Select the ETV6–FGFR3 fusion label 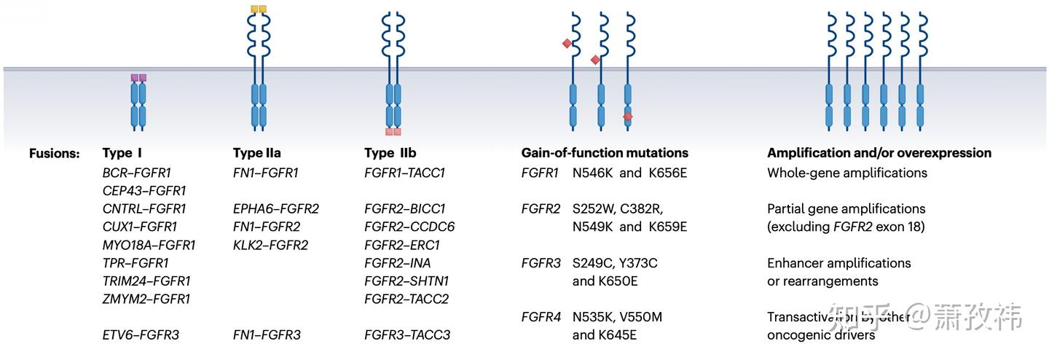pyautogui.click(x=141, y=335)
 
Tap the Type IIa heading pyautogui.click(x=256, y=153)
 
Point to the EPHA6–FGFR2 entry pyautogui.click(x=276, y=209)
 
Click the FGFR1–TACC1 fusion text pyautogui.click(x=404, y=173)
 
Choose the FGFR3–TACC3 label pyautogui.click(x=407, y=335)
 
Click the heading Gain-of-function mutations pyautogui.click(x=605, y=153)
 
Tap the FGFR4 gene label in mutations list pyautogui.click(x=541, y=317)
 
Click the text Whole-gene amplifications pyautogui.click(x=847, y=173)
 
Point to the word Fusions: pyautogui.click(x=54, y=154)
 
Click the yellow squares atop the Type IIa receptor pyautogui.click(x=259, y=9)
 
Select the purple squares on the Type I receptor pyautogui.click(x=138, y=77)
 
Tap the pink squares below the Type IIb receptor pyautogui.click(x=393, y=132)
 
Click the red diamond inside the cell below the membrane pyautogui.click(x=628, y=117)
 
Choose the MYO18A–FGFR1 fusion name pyautogui.click(x=149, y=245)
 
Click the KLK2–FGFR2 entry pyautogui.click(x=270, y=245)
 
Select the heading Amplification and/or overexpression pyautogui.click(x=879, y=153)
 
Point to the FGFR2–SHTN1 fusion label pyautogui.click(x=406, y=281)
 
